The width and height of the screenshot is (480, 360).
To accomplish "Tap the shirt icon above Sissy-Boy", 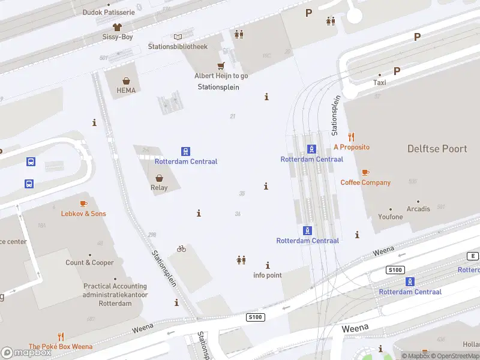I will [117, 27].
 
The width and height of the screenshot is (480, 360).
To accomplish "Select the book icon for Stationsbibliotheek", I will [178, 37].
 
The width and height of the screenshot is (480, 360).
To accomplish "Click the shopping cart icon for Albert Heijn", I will [221, 66].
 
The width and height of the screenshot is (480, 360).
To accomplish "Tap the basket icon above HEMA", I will [127, 81].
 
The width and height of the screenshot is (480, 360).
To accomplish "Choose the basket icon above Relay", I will [159, 178].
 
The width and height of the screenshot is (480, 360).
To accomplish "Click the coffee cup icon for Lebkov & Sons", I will [83, 204].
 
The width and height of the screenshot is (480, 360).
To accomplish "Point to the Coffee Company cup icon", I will [365, 173].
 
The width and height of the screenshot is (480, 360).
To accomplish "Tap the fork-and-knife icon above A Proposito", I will [352, 137].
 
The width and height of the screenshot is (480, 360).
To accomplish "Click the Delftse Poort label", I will [437, 149].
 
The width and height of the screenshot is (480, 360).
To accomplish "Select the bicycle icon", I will [181, 248].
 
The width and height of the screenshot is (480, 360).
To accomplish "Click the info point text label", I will [268, 275].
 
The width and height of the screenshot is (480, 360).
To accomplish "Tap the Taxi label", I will [380, 83].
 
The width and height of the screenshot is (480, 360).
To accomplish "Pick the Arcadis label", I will [418, 209].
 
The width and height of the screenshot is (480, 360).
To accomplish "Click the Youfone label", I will [391, 217].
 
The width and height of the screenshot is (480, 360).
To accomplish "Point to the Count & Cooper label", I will [90, 263].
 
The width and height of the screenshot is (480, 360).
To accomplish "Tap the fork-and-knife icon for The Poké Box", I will [61, 337].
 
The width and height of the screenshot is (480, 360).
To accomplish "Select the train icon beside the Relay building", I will [186, 152].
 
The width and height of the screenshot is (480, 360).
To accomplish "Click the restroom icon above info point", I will [241, 260].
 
